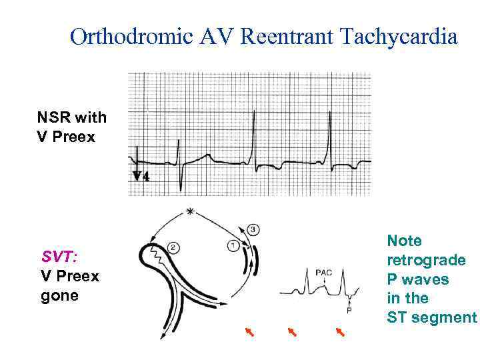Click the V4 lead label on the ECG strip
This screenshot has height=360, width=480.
tap(141, 176)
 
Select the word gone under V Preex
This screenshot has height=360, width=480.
tap(59, 295)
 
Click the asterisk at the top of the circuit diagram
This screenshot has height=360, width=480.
tap(191, 212)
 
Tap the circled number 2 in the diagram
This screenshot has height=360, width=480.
tap(172, 248)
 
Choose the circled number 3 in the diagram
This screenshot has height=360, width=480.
tap(253, 230)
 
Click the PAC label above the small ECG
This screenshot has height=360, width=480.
tap(324, 272)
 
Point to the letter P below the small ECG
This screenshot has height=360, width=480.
tap(349, 311)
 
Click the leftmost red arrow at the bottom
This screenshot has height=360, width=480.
tap(249, 331)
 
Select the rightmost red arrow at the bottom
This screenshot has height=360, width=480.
tap(340, 331)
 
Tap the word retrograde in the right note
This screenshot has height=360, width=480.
tap(426, 259)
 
